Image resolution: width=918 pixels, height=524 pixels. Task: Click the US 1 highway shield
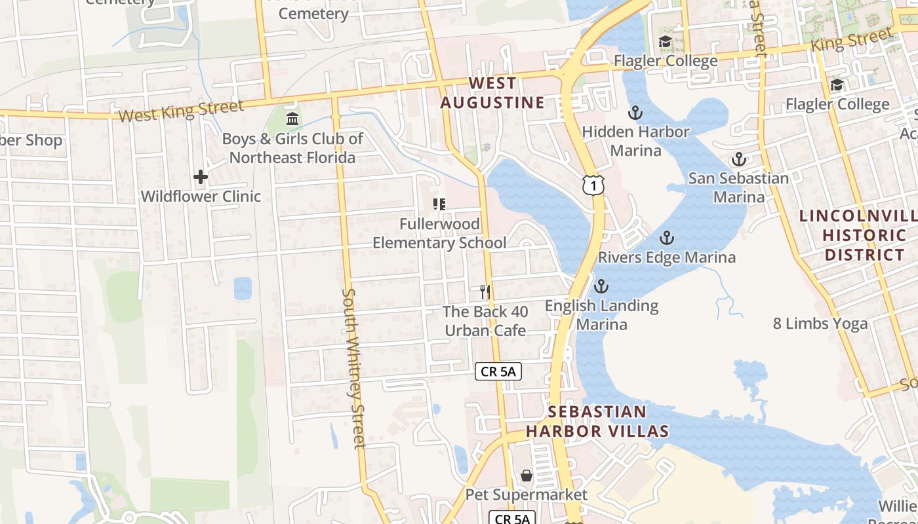[x=593, y=186]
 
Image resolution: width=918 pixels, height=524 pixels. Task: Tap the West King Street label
[x=181, y=111]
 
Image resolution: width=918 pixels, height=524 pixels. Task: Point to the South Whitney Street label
[x=353, y=368]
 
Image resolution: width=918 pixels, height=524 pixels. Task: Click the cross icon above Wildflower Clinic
[x=201, y=177]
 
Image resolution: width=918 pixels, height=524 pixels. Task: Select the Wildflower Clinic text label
[x=201, y=196]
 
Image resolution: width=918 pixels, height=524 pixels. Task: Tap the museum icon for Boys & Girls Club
[x=292, y=119]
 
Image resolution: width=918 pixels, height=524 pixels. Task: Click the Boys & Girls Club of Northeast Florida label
[x=292, y=148]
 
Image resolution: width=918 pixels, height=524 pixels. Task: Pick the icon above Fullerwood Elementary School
[x=439, y=204]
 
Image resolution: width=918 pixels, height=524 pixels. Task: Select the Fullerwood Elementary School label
[x=439, y=233]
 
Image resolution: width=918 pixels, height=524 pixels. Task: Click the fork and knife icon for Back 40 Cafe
[x=485, y=292]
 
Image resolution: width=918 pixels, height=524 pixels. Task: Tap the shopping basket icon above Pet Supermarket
[x=527, y=475]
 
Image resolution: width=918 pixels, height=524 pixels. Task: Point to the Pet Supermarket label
[x=527, y=494]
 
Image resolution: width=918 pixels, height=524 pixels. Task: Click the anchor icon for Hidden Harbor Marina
[x=635, y=113]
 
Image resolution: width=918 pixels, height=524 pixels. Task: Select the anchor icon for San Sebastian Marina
[x=739, y=159]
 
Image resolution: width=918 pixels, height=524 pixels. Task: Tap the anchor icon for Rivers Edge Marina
[x=667, y=238]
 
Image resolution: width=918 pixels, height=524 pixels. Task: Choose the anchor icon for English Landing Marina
[x=601, y=286]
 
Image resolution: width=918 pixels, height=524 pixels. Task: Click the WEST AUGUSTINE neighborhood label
[x=492, y=93]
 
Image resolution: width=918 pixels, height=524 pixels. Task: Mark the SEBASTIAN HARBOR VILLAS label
[x=597, y=421]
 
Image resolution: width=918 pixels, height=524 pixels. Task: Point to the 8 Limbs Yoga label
[x=820, y=323]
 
